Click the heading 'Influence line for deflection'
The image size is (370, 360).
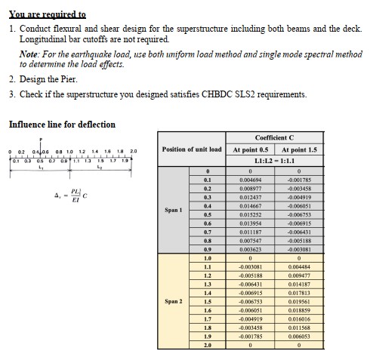click(62, 125)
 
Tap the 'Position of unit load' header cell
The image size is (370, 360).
click(193, 149)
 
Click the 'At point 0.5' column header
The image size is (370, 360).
click(251, 149)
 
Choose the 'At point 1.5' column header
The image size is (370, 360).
click(299, 149)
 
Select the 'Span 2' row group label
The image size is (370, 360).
click(174, 300)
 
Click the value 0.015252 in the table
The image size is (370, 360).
click(250, 215)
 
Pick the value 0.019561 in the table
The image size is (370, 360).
click(299, 300)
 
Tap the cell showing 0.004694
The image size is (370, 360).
click(250, 180)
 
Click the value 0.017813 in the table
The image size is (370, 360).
click(299, 291)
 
